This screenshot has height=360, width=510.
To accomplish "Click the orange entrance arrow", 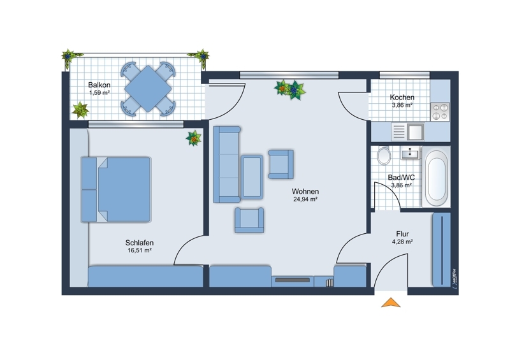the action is [391, 303].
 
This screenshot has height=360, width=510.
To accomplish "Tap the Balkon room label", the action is [99, 85].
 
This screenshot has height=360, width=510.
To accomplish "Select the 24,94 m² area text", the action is [305, 199].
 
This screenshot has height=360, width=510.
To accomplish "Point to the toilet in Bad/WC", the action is [384, 156].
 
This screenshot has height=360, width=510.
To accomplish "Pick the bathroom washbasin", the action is [410, 153].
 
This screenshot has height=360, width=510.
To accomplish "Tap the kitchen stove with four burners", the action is [440, 112].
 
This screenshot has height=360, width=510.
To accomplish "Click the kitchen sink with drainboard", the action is [408, 132].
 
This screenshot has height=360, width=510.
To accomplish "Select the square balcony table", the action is [148, 89].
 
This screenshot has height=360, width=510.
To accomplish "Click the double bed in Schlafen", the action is [116, 190].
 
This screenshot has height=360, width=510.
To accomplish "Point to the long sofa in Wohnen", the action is [227, 164].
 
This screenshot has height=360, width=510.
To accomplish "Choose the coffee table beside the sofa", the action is [252, 177].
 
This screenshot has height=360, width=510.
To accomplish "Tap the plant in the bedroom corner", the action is [194, 138].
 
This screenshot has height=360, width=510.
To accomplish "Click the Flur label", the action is [402, 234].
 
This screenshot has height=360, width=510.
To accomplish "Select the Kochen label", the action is [402, 97].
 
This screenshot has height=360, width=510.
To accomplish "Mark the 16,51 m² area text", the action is [140, 250].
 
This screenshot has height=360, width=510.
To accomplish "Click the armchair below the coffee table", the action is [249, 220].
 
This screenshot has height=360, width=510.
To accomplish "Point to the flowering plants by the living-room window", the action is [290, 89].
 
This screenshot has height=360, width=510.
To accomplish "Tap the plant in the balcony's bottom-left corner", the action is [80, 110].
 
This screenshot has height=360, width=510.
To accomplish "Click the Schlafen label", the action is [140, 243].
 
